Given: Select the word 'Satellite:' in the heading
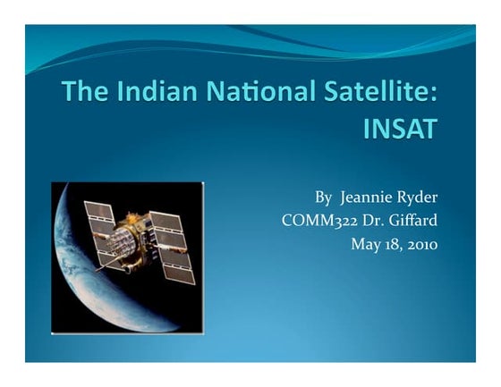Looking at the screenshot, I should point(386,93).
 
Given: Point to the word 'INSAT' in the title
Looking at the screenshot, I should point(402,130).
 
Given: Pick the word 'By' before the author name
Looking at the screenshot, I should point(324,197).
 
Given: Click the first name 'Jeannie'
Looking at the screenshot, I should point(367,197).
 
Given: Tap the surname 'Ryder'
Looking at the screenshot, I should point(418,197).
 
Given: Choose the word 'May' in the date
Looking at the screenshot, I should point(369,243).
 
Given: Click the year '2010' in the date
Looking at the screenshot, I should point(420,243).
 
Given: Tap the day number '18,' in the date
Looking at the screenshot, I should point(394,243).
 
